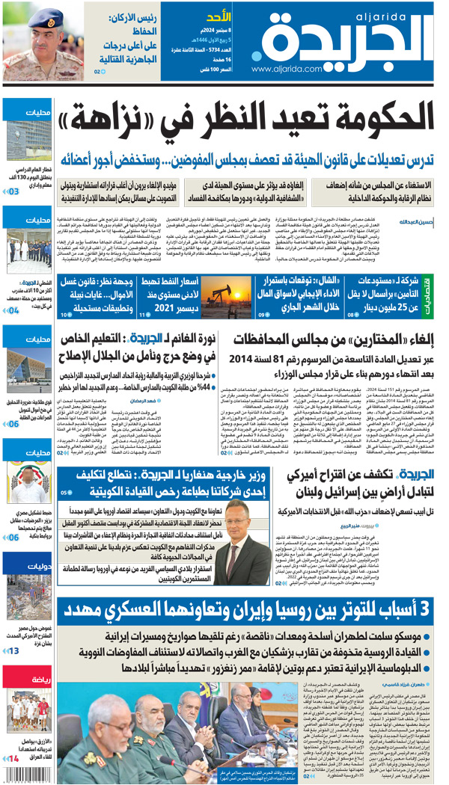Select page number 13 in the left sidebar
tap(13, 650)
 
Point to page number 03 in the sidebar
tap(13, 192)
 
